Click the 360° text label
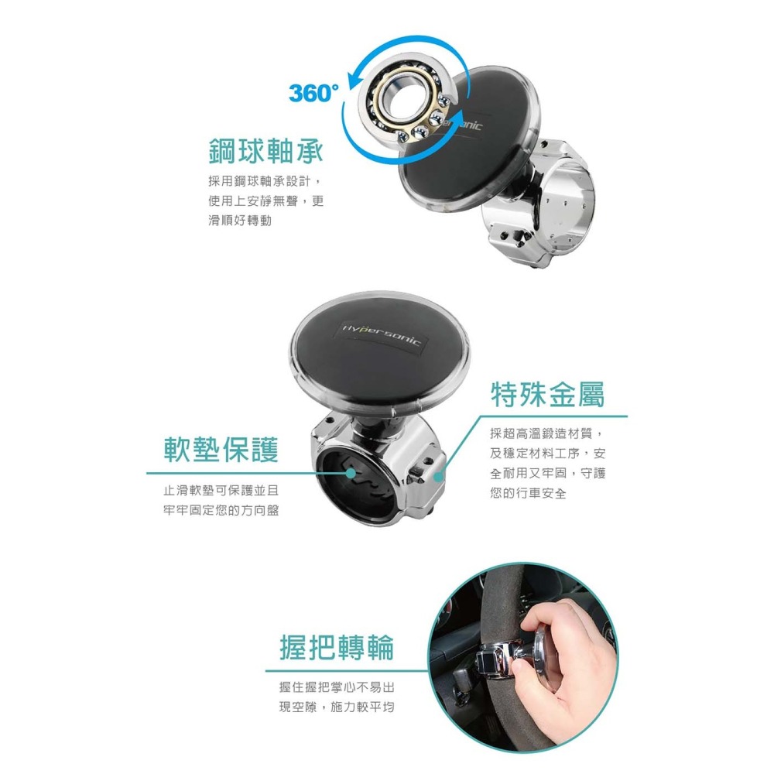click(313, 94)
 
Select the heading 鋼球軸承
click(265, 152)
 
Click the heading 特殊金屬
click(548, 395)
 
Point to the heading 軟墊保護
click(221, 449)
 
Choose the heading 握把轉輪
click(337, 647)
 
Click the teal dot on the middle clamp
click(440, 477)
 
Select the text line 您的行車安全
click(528, 493)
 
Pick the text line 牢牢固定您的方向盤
click(221, 511)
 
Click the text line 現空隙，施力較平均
click(337, 707)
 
